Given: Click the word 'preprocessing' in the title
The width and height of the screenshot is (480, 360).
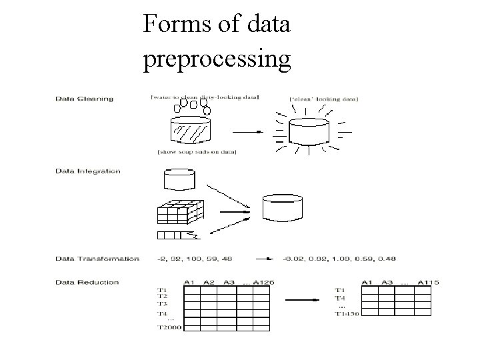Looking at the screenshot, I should coord(217,60).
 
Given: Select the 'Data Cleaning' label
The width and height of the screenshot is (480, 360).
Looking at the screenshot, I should coord(85,99).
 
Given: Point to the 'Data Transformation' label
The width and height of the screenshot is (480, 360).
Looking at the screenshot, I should coord(97,258).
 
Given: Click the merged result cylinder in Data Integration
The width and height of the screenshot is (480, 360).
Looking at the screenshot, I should coord(283,207).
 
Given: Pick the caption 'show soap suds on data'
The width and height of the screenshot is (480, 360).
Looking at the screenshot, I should coord(197,153).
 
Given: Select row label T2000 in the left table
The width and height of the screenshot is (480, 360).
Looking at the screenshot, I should coord(168,327).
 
